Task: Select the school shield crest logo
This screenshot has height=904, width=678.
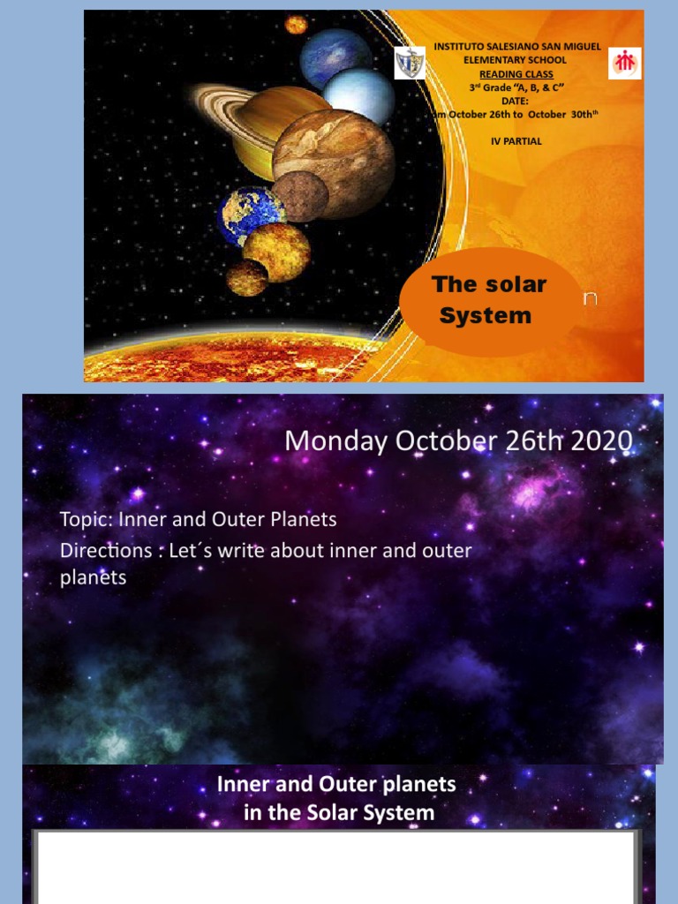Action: (410, 64)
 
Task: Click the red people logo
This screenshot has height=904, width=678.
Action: (625, 63)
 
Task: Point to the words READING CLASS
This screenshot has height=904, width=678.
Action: (517, 74)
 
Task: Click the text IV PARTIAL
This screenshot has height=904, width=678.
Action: (516, 140)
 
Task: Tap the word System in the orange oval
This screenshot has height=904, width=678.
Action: (486, 315)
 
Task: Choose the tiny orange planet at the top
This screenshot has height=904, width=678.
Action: (296, 25)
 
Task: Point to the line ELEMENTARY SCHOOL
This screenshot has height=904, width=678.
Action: (516, 59)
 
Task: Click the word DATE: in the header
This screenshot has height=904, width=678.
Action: (517, 101)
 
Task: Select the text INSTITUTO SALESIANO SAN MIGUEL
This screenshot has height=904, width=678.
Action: (517, 46)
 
